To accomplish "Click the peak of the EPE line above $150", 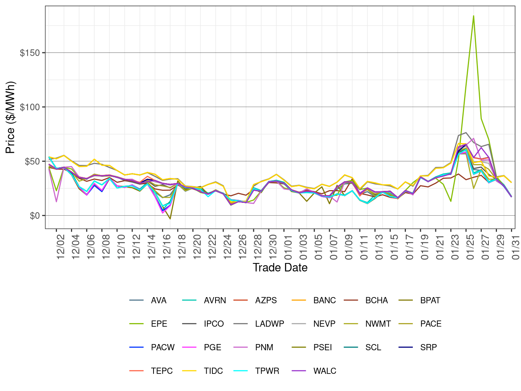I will pyautogui.click(x=473, y=16).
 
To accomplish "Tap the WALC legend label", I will pyautogui.click(x=324, y=371).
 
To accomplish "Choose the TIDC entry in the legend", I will pyautogui.click(x=213, y=371).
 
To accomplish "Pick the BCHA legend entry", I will pyautogui.click(x=376, y=301).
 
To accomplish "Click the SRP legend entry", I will pyautogui.click(x=428, y=348).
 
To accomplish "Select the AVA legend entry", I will pyautogui.click(x=159, y=301).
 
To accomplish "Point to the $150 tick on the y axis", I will pyautogui.click(x=30, y=53).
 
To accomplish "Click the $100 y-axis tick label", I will pyautogui.click(x=30, y=107).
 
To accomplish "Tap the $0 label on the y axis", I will pyautogui.click(x=35, y=216).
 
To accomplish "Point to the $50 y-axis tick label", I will pyautogui.click(x=32, y=161).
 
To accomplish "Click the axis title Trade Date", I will pyautogui.click(x=280, y=267).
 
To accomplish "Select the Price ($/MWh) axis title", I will pyautogui.click(x=10, y=117).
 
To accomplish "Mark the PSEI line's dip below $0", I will pyautogui.click(x=170, y=219).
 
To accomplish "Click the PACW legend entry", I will pyautogui.click(x=162, y=348).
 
